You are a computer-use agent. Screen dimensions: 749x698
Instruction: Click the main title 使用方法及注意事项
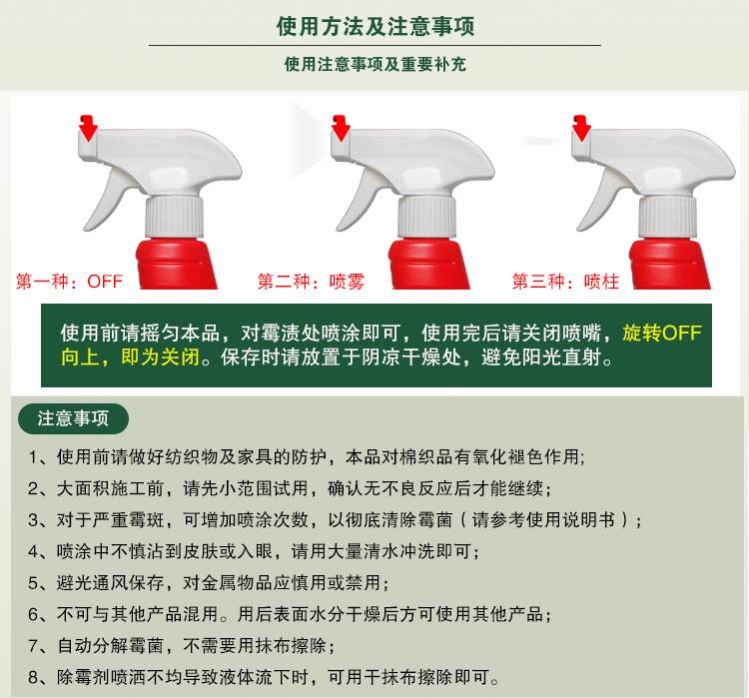pos(374,26)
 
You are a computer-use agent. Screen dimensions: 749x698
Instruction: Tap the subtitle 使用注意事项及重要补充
pos(374,64)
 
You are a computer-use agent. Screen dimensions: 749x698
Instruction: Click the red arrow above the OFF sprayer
pos(88,128)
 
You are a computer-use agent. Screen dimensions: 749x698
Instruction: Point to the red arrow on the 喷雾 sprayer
pos(341,128)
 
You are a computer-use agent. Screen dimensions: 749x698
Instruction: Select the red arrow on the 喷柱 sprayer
pos(581,128)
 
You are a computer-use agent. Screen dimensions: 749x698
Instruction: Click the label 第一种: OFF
pos(69,281)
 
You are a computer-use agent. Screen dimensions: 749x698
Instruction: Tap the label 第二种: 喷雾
pos(311,281)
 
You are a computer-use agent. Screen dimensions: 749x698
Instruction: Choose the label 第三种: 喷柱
pos(565,281)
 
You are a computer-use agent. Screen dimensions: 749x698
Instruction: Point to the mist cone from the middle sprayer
pos(309,142)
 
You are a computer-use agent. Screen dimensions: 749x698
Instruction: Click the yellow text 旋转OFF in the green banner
pos(661,333)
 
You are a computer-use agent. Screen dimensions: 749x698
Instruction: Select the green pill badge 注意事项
pos(73,418)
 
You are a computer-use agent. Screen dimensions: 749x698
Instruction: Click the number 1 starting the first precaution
pos(33,457)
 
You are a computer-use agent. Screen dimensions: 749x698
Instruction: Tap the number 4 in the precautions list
pos(33,551)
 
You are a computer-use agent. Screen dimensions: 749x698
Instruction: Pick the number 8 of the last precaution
pos(33,677)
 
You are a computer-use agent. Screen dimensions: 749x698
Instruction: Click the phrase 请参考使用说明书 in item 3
pos(543,520)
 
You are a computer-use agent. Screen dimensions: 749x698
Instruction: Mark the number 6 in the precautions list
pos(33,614)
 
